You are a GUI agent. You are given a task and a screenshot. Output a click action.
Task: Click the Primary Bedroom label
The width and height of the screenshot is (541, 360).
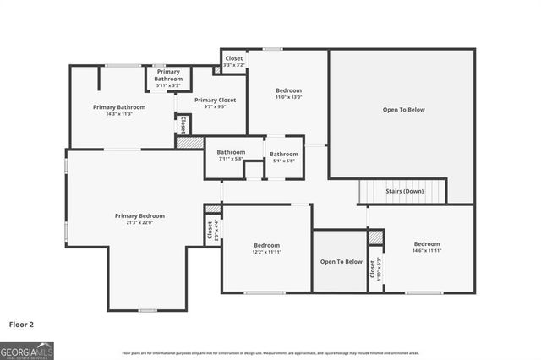pyautogui.click(x=139, y=216)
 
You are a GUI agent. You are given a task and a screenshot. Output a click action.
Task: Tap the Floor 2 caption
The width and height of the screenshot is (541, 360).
pyautogui.click(x=22, y=324)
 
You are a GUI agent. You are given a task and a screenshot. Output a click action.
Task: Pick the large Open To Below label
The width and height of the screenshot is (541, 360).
pyautogui.click(x=403, y=110)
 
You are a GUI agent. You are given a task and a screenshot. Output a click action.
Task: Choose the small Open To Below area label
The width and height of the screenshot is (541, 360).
pyautogui.click(x=341, y=262)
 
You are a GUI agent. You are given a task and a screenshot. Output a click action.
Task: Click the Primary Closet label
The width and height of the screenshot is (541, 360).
pyautogui.click(x=215, y=101)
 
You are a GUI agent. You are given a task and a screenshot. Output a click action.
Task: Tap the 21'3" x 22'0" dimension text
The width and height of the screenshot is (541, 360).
pyautogui.click(x=139, y=223)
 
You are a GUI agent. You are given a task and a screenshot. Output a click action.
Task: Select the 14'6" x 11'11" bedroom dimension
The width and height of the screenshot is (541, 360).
pyautogui.click(x=426, y=251)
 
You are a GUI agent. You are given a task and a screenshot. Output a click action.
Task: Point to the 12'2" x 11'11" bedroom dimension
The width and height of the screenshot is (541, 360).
pyautogui.click(x=266, y=252)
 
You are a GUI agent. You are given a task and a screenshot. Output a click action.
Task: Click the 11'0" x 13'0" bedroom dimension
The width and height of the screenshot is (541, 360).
pyautogui.click(x=288, y=97)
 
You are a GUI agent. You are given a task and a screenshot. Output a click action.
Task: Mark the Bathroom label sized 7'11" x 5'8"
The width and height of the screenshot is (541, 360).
pyautogui.click(x=230, y=152)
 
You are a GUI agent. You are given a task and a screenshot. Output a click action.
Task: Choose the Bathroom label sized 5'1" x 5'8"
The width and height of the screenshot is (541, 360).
pyautogui.click(x=283, y=154)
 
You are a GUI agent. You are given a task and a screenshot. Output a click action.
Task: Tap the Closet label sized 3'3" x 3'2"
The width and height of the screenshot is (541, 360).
pyautogui.click(x=234, y=58)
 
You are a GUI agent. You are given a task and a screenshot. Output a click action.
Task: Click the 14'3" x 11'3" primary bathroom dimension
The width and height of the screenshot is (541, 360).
pyautogui.click(x=119, y=114)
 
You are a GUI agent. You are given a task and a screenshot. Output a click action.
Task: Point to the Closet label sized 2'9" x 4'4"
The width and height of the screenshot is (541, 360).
pyautogui.click(x=210, y=230)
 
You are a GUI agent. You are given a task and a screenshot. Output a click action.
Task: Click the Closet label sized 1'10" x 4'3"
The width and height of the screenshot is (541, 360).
pyautogui.click(x=373, y=270)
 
